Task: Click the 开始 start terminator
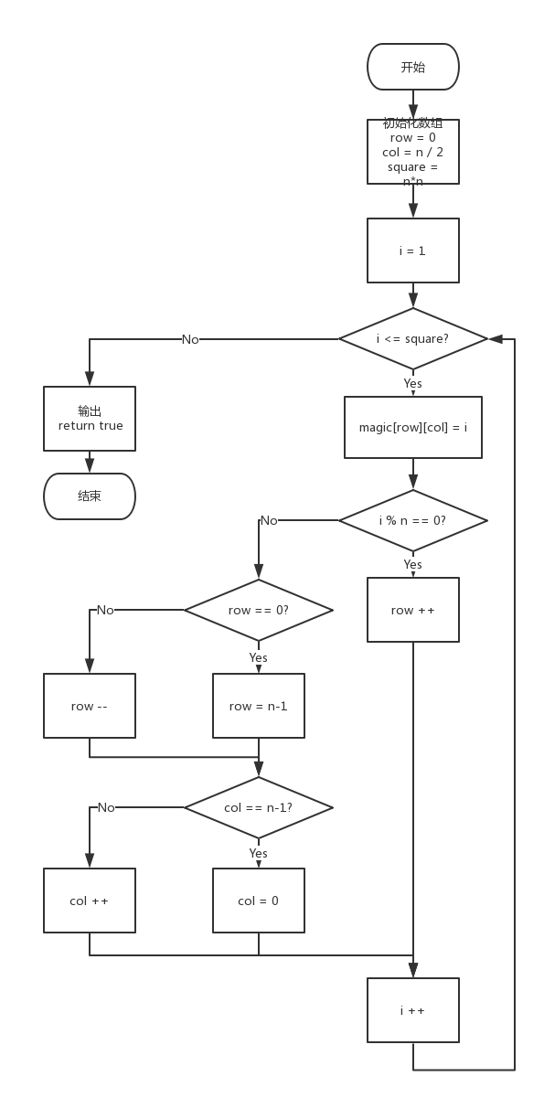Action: point(413,67)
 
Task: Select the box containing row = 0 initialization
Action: point(413,152)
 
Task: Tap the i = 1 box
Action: point(413,251)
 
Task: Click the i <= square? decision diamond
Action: point(413,338)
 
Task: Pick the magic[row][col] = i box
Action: point(413,427)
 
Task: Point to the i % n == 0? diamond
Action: point(413,520)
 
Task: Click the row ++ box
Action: point(413,610)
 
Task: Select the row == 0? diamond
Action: point(259,610)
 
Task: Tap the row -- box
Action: point(90,706)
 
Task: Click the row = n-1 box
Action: point(259,706)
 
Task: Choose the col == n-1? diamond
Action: point(259,807)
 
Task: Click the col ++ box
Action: point(90,901)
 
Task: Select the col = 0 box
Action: point(259,901)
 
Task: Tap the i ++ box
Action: point(413,1010)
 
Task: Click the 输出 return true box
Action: point(90,419)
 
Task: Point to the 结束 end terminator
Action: point(90,496)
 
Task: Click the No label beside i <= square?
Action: point(190,339)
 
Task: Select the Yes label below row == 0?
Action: point(259,657)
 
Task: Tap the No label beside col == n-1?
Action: point(106,807)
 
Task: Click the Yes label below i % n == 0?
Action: point(413,564)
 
